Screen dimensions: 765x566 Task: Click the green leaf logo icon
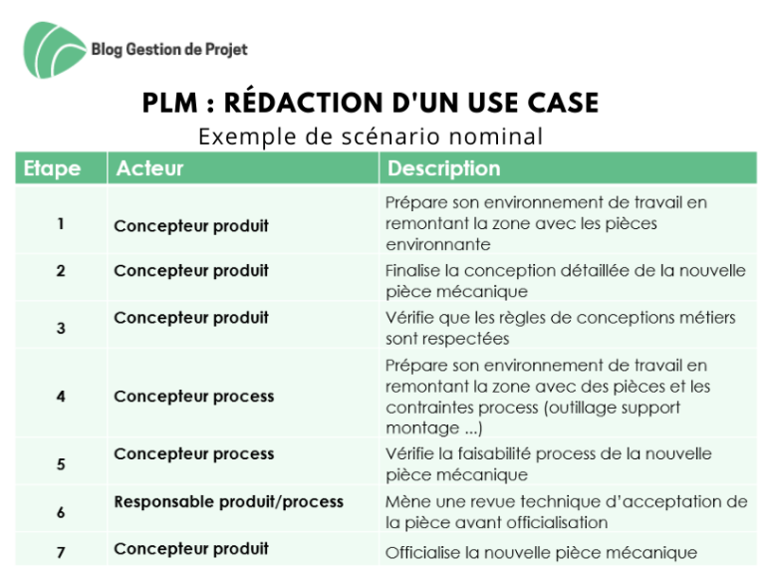tap(54, 50)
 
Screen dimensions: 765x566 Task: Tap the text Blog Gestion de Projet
tap(169, 49)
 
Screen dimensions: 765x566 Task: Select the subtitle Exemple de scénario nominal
tap(371, 137)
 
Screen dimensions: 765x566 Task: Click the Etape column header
tap(52, 168)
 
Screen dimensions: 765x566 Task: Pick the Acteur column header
tap(149, 168)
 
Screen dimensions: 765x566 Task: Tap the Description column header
tap(443, 168)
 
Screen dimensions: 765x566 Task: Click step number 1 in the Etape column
tap(61, 224)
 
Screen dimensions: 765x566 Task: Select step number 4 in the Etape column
tap(61, 397)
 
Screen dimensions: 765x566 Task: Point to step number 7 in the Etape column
tap(61, 552)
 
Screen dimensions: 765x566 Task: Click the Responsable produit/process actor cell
tap(229, 501)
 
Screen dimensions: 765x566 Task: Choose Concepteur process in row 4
tap(194, 397)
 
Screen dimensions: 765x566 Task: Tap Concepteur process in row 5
tap(194, 453)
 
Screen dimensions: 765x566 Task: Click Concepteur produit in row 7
tap(191, 548)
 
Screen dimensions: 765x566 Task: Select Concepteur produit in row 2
tap(191, 270)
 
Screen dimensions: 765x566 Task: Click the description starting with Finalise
tap(566, 281)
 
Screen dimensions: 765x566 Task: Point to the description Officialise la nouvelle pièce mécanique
tap(541, 552)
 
